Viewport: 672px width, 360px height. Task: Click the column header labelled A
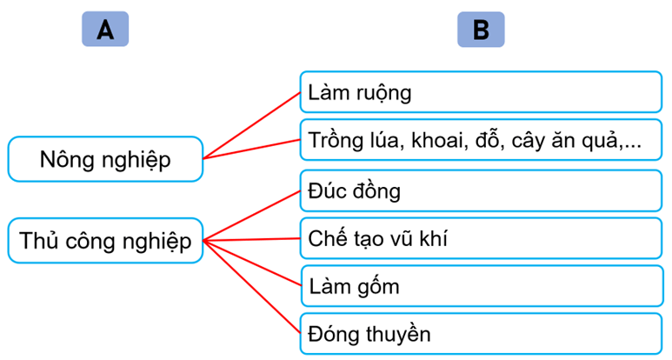(105, 30)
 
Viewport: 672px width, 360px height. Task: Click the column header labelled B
(480, 30)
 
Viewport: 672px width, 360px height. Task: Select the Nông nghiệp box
(105, 159)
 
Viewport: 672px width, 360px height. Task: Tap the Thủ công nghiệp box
(105, 241)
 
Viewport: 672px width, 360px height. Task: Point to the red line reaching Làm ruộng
(252, 123)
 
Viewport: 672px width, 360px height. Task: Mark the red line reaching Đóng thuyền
(252, 288)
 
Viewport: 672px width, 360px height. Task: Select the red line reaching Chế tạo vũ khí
(252, 239)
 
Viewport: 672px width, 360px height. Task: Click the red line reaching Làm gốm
(252, 263)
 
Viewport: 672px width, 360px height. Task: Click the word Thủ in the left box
(39, 241)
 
